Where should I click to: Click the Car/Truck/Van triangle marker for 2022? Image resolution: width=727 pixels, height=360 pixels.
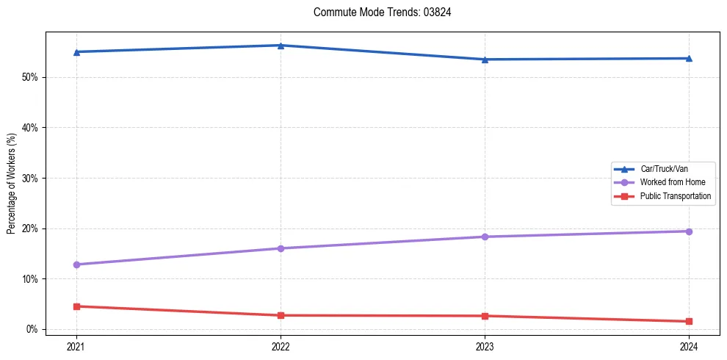281,46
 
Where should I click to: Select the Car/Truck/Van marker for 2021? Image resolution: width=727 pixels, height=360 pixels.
76,52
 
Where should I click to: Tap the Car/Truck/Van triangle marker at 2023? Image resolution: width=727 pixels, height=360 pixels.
485,60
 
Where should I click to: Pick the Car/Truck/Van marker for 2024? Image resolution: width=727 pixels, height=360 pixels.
689,58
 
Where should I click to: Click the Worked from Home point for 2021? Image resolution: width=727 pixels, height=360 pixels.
76,264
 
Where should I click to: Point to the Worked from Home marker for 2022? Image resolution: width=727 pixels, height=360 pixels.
281,248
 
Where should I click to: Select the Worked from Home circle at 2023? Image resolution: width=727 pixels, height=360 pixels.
485,237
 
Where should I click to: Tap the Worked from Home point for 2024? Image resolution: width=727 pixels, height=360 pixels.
689,231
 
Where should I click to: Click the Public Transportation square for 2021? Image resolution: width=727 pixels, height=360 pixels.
76,306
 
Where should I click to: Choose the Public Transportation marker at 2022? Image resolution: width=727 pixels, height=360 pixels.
281,315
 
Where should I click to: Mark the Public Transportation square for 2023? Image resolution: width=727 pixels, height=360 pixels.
485,316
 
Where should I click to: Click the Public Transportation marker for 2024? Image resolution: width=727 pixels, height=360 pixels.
689,321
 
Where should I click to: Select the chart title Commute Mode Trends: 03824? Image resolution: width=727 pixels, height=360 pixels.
377,12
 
